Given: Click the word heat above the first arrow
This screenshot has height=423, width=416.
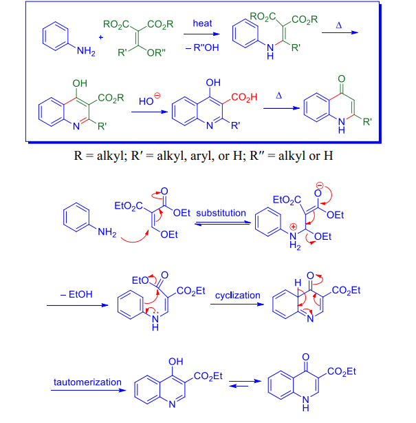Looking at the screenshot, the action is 202,23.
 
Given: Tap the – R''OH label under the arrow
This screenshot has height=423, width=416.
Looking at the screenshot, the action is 202,48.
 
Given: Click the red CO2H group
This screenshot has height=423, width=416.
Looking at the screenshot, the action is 244,97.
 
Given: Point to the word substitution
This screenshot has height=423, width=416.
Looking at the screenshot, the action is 221,213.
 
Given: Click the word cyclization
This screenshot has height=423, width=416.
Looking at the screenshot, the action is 237,295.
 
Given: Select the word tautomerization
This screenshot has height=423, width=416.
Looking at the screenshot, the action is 87,382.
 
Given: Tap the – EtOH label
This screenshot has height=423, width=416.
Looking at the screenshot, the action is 76,294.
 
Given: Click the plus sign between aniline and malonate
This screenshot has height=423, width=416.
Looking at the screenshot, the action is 101,37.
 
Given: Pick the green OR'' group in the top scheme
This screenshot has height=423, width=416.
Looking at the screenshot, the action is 156,52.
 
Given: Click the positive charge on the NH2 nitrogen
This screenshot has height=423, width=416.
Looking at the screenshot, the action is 294,227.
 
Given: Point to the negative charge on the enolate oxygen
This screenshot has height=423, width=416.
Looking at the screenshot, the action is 320,185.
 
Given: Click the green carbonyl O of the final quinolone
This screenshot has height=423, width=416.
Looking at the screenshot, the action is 342,79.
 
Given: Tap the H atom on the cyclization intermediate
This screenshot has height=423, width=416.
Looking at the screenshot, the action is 298,282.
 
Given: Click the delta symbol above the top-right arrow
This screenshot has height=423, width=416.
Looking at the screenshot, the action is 339,25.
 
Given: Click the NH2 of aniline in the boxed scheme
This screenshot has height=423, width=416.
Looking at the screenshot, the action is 86,51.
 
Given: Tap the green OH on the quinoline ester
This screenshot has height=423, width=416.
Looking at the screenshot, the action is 80,83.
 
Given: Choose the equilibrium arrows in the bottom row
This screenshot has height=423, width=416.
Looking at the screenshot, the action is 245,384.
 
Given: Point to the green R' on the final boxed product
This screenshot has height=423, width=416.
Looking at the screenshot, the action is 367,122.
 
